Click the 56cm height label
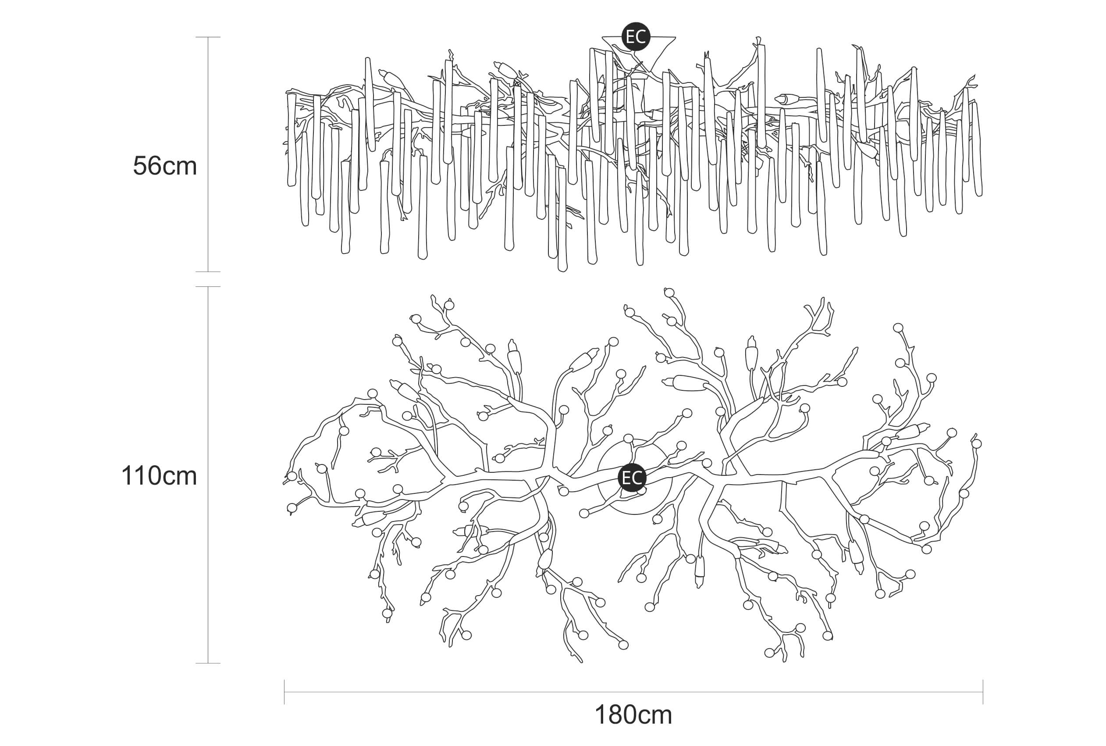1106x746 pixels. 164,166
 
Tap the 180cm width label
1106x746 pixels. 633,714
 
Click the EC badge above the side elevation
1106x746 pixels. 636,37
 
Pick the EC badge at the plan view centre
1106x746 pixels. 632,478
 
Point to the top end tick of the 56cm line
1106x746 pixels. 208,37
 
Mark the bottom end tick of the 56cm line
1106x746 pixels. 208,271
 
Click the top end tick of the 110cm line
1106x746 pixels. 208,287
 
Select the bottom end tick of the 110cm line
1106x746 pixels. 208,663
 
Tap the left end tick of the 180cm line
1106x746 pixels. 285,692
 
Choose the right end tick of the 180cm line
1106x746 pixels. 983,692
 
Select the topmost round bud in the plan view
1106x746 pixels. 669,292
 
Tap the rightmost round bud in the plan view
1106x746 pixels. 977,443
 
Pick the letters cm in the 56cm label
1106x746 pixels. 179,167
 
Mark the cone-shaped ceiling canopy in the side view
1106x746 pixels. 639,55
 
